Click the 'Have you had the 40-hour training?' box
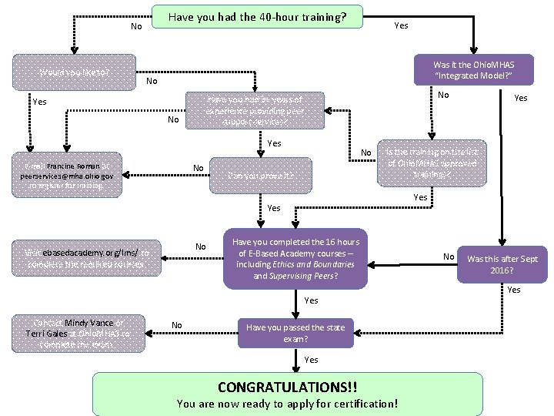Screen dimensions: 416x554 click(256, 17)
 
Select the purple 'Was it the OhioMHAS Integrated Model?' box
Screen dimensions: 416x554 click(472, 71)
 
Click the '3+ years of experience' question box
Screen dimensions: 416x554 click(257, 109)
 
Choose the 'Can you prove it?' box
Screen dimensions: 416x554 click(261, 175)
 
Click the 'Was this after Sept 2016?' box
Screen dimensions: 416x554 click(502, 264)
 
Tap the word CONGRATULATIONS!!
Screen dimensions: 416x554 click(287, 386)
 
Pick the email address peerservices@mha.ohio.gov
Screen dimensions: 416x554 click(70, 176)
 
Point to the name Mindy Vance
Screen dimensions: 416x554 click(88, 323)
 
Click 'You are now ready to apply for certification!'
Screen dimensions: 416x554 click(287, 403)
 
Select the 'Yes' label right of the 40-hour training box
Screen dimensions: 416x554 click(401, 25)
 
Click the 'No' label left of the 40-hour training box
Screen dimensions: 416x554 click(136, 26)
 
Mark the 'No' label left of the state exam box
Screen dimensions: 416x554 click(177, 325)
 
